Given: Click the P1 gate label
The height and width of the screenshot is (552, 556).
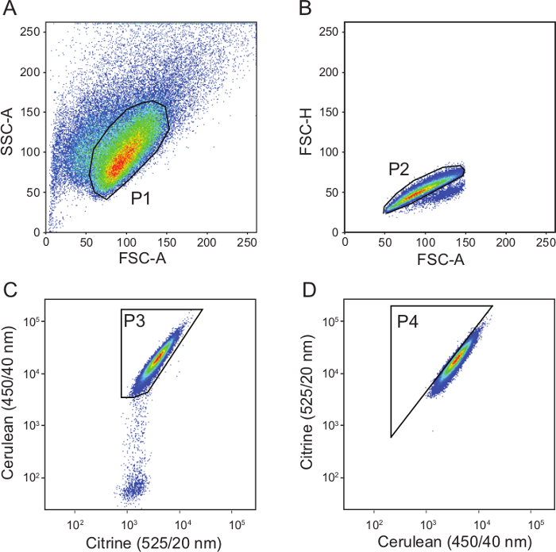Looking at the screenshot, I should coord(141,199).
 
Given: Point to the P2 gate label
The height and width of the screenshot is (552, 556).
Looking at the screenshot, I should coord(399,169).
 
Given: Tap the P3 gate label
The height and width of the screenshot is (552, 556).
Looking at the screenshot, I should coord(133,320).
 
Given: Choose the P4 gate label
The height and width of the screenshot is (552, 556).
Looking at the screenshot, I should coord(407,320).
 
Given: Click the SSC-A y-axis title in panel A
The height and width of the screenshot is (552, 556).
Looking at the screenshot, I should coord(10,127).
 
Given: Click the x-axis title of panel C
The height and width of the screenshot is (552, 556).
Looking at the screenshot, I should coord(151,542).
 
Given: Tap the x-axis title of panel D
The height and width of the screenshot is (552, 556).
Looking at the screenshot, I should coord(446,542).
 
